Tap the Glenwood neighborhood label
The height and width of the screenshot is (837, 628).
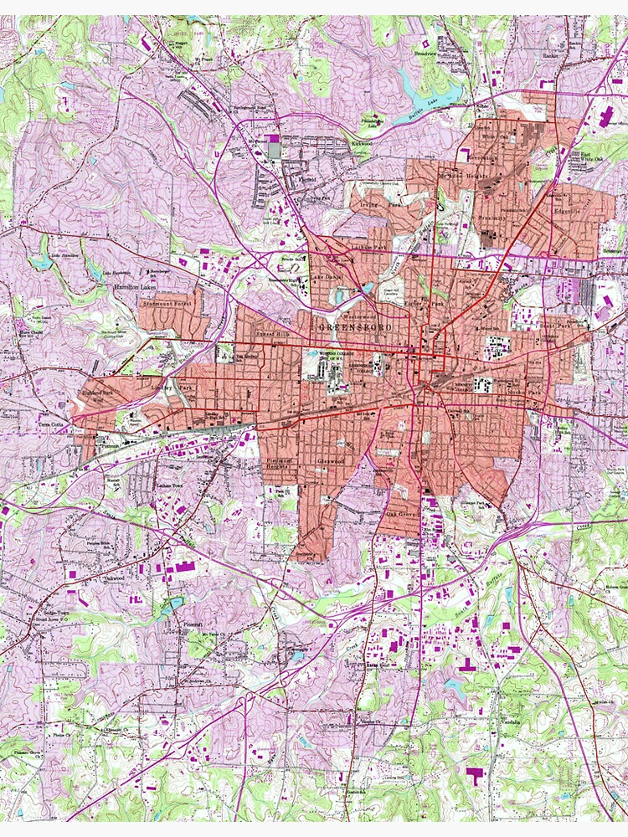[332, 461]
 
